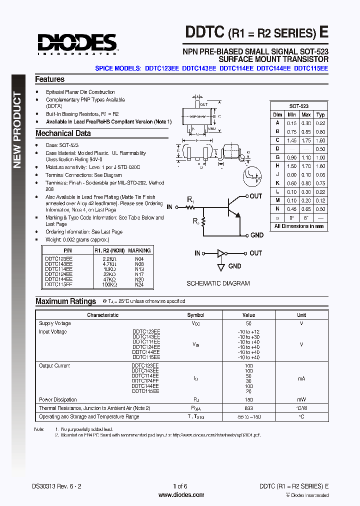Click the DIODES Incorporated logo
point(76,43)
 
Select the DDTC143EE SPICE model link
point(199,68)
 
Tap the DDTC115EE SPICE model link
point(311,68)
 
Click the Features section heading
point(49,79)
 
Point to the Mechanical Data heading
point(63,133)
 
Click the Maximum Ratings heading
point(65,301)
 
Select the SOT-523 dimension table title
point(298,106)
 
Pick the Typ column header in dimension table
point(320,114)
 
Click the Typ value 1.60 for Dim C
point(320,141)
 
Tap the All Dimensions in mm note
point(298,226)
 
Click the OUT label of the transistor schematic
point(255,196)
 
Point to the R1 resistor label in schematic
point(190,200)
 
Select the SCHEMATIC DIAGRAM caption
point(218,283)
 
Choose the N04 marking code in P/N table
point(139,259)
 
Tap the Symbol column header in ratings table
point(195,315)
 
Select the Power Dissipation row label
point(58,399)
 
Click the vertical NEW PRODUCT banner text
point(17,130)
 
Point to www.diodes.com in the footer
point(180,495)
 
